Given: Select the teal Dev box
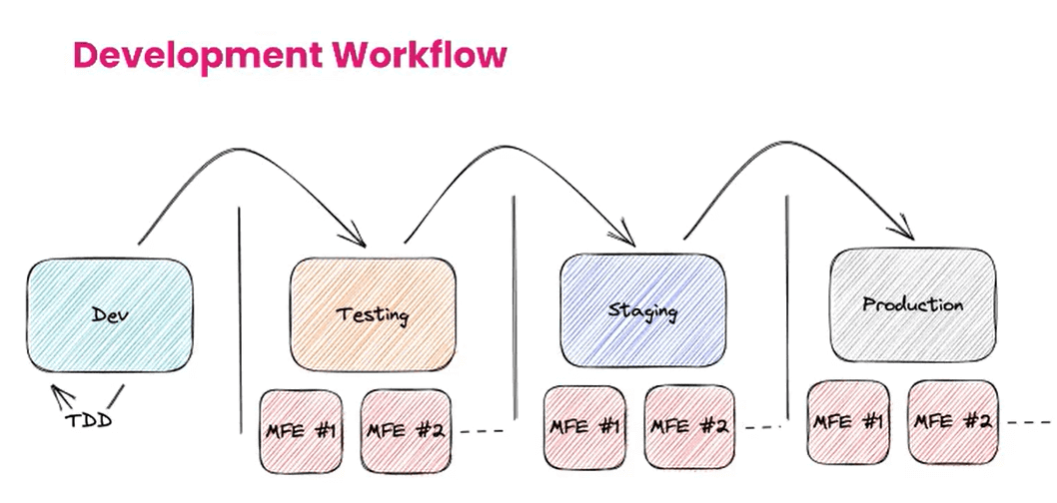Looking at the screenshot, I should pos(110,315).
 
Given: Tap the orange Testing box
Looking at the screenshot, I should pos(372,314).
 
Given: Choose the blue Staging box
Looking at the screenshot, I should pos(642,309).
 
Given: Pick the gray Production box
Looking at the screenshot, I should pos(912,304).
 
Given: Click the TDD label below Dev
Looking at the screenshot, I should pos(88,419).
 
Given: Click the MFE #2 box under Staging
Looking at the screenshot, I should pos(686,426).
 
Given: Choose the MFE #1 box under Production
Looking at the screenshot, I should pos(848,420).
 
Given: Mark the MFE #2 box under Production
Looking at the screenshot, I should pos(952,420).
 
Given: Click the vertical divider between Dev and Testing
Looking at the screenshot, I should pos(240,319).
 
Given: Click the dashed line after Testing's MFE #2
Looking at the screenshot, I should pos(483,432).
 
